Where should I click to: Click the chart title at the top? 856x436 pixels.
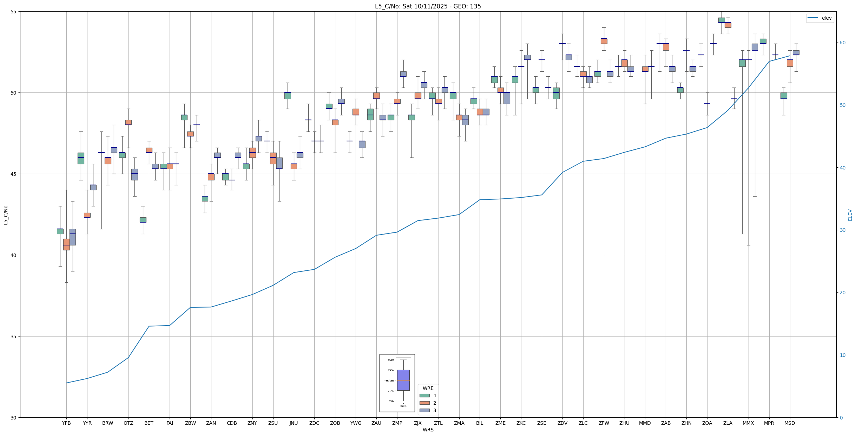428,6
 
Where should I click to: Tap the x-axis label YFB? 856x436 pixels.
66,423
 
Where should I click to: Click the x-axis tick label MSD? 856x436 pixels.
790,423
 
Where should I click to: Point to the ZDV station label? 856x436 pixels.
562,423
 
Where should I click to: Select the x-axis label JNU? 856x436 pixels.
294,423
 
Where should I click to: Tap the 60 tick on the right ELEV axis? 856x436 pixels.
842,43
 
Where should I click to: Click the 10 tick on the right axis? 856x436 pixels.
842,355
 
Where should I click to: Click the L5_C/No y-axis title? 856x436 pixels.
6,215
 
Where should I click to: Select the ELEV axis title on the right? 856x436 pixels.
850,215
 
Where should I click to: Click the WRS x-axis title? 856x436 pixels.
428,430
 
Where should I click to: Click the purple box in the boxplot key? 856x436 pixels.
403,380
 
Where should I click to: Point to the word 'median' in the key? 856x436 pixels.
388,380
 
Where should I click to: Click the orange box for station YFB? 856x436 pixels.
66,244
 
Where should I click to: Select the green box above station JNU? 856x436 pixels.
288,96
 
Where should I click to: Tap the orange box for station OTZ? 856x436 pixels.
129,122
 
